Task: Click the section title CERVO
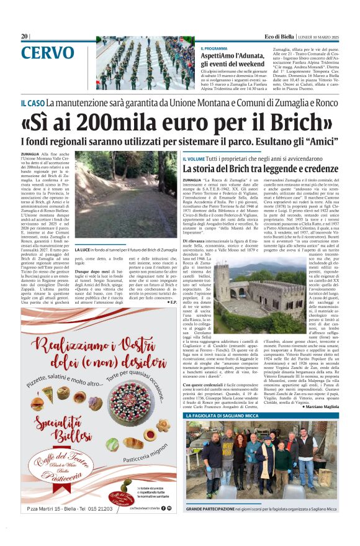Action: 47,54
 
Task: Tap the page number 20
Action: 24,37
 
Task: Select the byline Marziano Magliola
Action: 322,406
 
